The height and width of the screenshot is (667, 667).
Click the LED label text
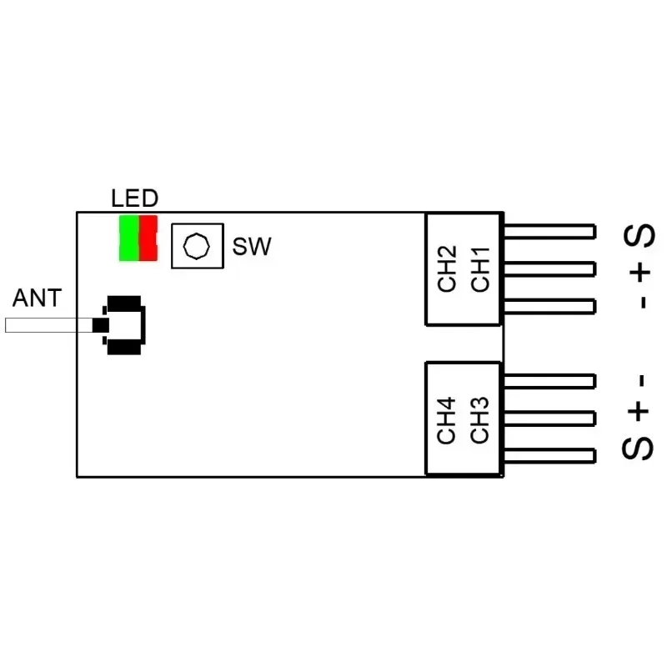pos(134,198)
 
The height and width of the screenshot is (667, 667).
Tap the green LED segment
pos(128,238)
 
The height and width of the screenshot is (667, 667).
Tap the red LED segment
pos(148,238)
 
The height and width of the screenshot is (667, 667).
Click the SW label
pos(252,247)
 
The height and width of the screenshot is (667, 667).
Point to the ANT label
pos(37,298)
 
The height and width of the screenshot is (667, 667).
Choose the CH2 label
pos(448,268)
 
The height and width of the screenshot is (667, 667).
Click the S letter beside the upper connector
pos(640,238)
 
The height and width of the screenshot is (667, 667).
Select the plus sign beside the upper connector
pos(640,272)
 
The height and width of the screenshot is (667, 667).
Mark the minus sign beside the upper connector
pos(641,302)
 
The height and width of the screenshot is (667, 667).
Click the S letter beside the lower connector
pos(639,446)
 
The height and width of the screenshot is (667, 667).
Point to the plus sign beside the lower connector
pos(639,411)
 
